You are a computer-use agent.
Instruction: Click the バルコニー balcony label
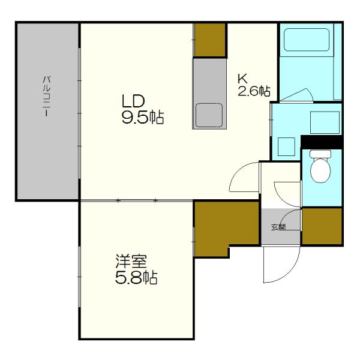coord(46,97)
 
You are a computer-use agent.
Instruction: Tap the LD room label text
coord(133,101)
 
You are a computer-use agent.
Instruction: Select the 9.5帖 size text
coord(143,118)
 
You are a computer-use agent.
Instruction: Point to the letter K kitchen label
coord(242,79)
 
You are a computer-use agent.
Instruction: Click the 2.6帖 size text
coord(254,91)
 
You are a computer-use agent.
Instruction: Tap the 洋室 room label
coord(131,262)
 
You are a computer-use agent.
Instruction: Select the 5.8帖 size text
coord(136,278)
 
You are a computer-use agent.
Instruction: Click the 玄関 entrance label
coord(278,227)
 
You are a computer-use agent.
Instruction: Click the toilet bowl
coord(320,166)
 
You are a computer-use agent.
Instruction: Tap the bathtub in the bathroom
coord(307,40)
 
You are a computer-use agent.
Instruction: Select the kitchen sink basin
coord(209,115)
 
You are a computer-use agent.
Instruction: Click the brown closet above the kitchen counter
coord(209,40)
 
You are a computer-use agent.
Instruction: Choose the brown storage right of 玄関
coord(322,226)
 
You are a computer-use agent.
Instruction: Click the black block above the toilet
coord(322,142)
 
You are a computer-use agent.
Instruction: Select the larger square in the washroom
coord(325,122)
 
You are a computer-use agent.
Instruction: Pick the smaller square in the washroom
coord(286,147)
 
